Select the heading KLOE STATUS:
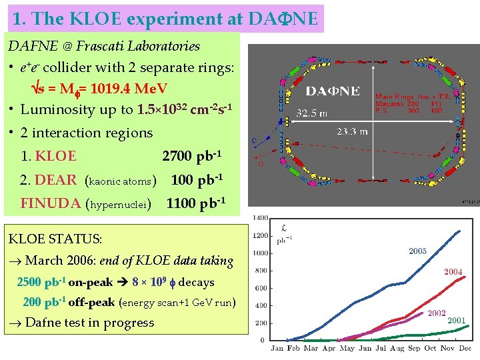pos(55,238)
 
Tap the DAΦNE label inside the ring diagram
pos(333,91)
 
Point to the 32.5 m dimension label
pos(311,113)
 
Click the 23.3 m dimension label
pos(351,132)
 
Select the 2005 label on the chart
pos(417,251)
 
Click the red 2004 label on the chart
pos(453,272)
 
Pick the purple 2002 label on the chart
pos(437,313)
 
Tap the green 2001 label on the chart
pos(456,321)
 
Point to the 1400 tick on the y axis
pos(260,218)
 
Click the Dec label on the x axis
pos(464,347)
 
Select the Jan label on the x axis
pos(277,347)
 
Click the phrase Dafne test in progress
pos(89,323)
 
